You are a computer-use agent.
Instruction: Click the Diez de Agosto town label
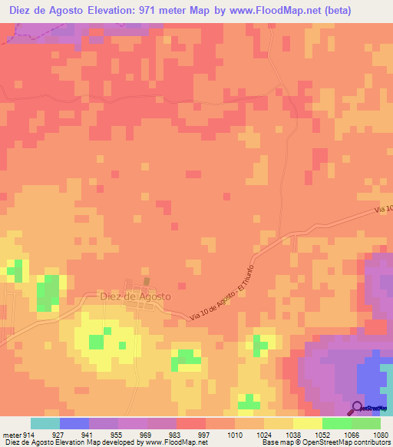135,296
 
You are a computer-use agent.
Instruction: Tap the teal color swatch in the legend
45,423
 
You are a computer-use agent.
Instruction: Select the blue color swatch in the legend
74,423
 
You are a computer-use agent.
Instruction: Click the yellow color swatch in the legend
307,423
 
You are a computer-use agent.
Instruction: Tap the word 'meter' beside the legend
11,433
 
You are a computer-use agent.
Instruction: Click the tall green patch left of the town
48,293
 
